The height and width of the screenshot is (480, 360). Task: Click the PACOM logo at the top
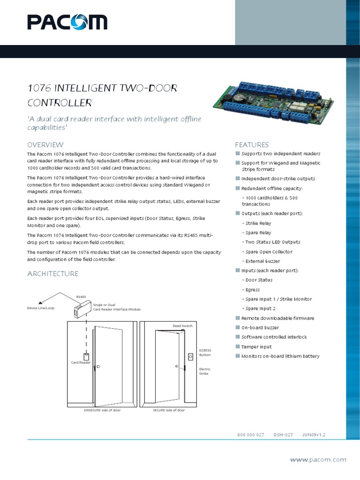(67, 22)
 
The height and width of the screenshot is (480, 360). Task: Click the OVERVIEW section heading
(45, 144)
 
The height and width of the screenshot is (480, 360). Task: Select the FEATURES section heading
(252, 144)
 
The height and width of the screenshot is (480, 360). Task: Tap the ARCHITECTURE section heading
(52, 273)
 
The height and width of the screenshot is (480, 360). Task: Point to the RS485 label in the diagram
(81, 297)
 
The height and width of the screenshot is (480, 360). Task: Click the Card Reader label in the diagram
(81, 362)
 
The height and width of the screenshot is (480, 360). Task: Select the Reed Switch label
(182, 325)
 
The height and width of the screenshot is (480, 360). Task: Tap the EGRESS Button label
(205, 352)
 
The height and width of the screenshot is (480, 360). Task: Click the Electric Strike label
(205, 372)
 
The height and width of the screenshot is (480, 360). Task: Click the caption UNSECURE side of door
(102, 410)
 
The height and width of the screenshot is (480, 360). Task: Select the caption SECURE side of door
(169, 410)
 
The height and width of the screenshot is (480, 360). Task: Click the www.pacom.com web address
(318, 460)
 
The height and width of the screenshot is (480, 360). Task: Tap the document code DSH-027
(283, 435)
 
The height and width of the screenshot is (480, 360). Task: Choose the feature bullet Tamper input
(256, 346)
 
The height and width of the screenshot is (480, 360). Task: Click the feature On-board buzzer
(260, 328)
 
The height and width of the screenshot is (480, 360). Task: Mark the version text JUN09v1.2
(314, 435)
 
